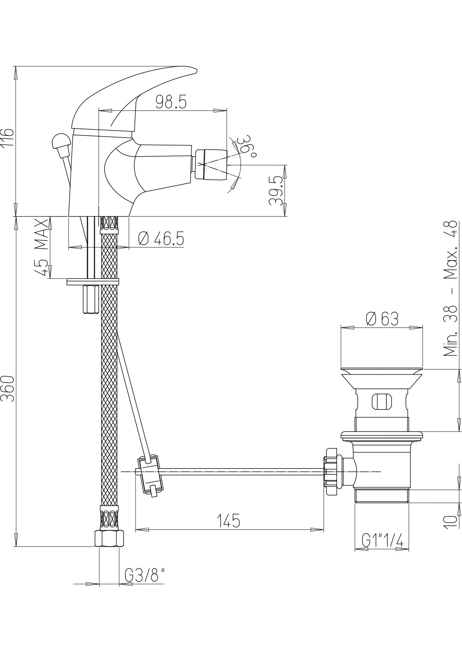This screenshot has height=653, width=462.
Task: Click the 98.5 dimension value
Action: click(171, 102)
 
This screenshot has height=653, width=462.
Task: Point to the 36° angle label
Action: click(246, 146)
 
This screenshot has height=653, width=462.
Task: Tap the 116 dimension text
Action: click(7, 137)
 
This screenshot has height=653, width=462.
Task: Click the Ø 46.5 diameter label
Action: click(161, 239)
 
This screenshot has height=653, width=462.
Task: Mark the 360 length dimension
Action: click(7, 388)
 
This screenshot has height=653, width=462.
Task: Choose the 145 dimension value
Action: click(229, 521)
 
